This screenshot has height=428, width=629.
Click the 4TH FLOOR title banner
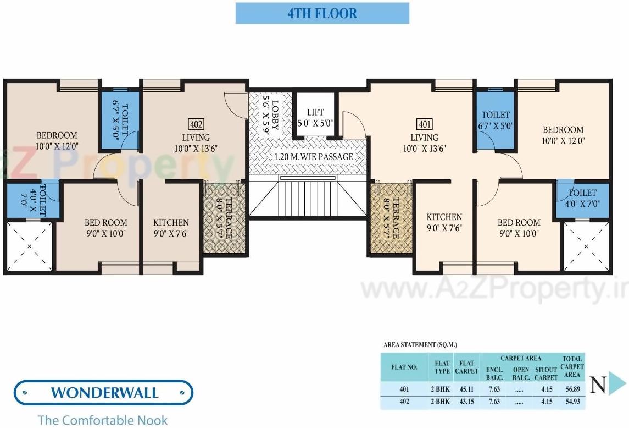322,13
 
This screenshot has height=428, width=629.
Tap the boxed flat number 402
196,124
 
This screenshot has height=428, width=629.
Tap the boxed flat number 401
425,124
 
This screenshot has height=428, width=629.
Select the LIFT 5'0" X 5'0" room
315,118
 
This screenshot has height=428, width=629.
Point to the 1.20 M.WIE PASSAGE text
314,157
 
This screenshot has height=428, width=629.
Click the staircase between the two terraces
308,198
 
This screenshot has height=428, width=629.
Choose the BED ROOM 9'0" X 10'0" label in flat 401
519,227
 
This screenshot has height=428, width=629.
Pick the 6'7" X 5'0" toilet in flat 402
120,118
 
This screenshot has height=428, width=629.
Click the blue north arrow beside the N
617,384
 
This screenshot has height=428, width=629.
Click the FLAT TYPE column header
442,367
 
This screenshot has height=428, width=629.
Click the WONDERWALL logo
104,393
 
